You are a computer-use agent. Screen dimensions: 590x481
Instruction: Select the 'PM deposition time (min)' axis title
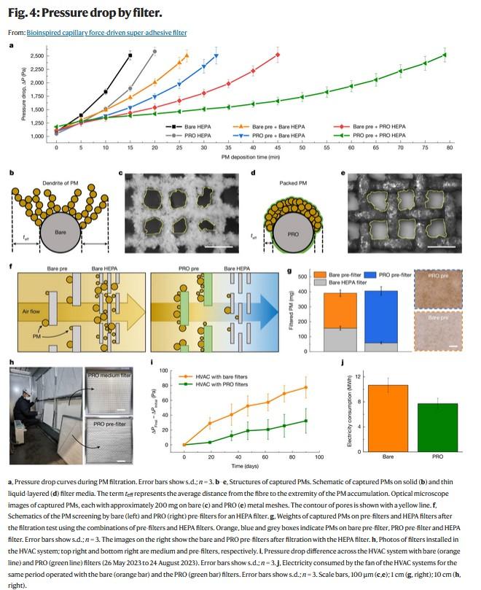[x=249, y=158]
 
